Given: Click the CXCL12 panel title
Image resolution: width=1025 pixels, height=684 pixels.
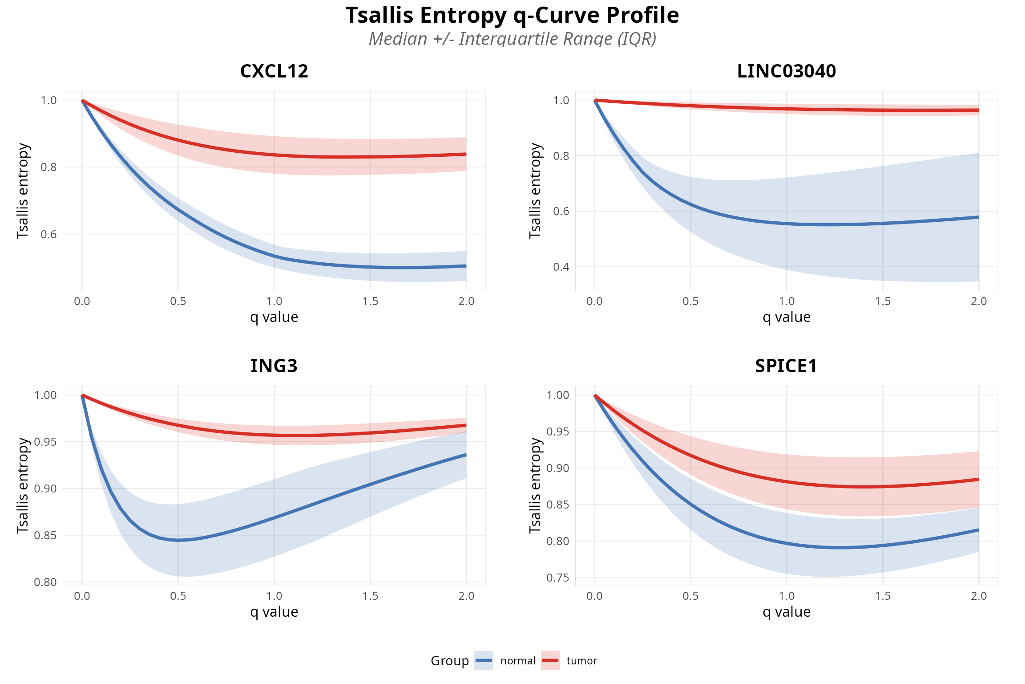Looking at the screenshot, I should point(274,71).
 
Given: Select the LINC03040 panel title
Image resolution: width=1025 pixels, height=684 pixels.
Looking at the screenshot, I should point(786,71).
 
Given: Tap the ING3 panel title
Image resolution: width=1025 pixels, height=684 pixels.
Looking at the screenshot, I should point(274,366).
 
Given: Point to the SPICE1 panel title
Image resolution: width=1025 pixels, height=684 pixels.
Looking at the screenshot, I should point(786,366).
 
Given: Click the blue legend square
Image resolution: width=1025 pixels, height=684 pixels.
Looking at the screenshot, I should point(484,660).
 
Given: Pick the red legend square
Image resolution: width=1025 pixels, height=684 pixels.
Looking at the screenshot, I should point(550,660).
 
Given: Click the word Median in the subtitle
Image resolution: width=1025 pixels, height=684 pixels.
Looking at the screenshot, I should point(398,39).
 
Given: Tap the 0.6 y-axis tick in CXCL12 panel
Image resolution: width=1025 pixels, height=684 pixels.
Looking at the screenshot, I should point(48,234).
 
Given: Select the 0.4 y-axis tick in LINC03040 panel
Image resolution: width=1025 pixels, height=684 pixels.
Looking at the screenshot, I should point(561,267).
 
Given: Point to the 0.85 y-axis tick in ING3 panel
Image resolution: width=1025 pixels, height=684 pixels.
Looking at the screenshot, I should point(45,535).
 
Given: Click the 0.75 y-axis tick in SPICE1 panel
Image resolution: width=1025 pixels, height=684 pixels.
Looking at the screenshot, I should point(558,578).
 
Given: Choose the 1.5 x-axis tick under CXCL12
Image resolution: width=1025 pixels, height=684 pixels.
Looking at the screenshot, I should point(370,301).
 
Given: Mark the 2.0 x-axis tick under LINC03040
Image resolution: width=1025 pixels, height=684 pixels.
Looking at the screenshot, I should point(979,301).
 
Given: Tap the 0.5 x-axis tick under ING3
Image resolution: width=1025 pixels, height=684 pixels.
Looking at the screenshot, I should point(178,596).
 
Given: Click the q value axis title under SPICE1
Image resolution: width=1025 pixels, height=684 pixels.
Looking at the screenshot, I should point(786,612).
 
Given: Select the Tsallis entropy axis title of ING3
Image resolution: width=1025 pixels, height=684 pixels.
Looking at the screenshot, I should point(23,485).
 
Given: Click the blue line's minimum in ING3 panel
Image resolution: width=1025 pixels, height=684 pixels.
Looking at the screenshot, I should point(178,540).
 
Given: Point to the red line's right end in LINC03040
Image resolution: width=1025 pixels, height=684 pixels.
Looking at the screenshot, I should point(978,110).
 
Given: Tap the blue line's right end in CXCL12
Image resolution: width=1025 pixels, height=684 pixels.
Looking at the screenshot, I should point(465,266).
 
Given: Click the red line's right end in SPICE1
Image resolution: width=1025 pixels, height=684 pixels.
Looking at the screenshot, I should point(978,480).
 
